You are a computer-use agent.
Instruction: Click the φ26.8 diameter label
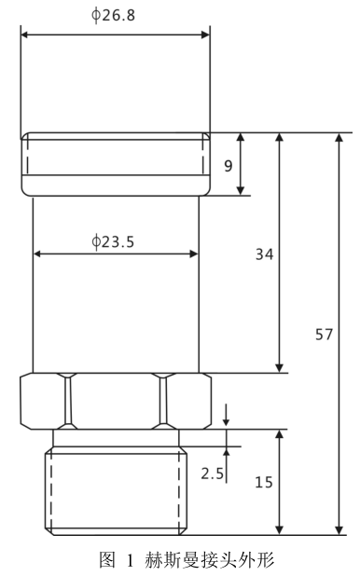coord(113,15)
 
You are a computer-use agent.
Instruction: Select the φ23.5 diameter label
coord(113,241)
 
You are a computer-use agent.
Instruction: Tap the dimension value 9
coord(228,166)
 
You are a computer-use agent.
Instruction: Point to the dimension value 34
coord(264,254)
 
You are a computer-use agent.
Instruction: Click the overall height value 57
coord(324,335)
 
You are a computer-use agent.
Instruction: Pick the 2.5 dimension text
coord(212,473)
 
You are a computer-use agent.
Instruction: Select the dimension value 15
coord(264,482)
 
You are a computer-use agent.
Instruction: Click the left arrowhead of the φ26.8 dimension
coord(25,34)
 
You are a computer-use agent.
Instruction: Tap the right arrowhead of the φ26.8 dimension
coord(205,34)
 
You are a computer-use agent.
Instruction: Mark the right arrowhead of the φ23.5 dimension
coord(194,254)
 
